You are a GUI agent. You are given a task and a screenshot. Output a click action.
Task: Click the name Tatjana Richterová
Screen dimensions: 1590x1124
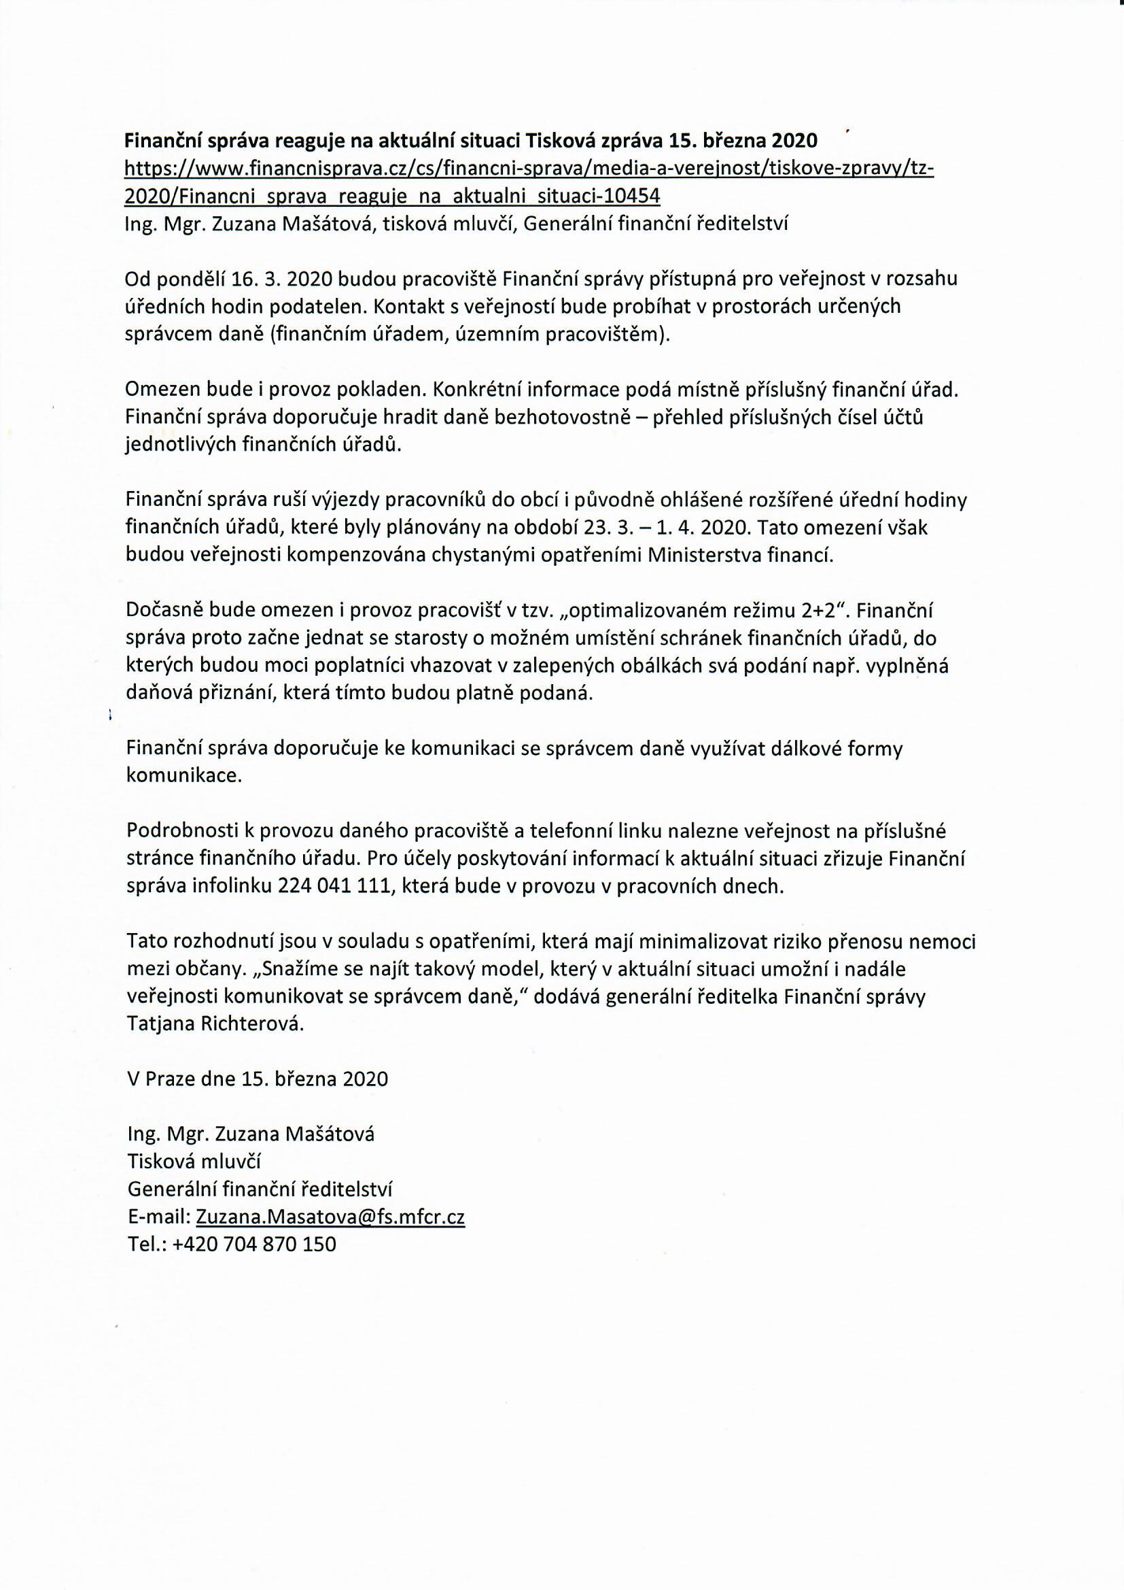pos(215,1025)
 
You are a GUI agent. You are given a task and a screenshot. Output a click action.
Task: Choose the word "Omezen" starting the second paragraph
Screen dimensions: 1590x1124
pos(161,390)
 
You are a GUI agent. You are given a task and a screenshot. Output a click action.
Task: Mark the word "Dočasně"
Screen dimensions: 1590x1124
pos(164,611)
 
